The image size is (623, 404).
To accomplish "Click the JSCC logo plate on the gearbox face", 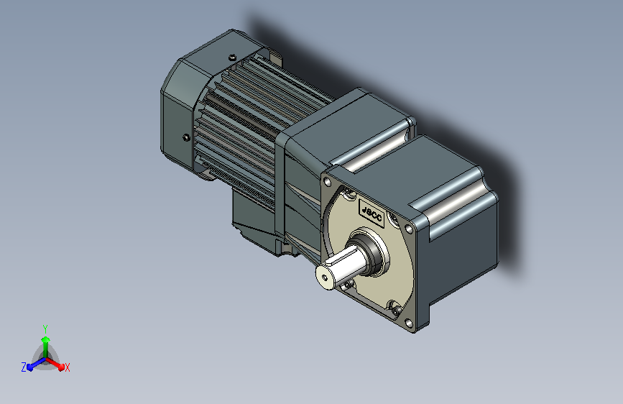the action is click(372, 214).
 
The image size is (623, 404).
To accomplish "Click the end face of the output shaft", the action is click(325, 277).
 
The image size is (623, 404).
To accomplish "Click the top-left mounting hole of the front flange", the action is click(328, 182).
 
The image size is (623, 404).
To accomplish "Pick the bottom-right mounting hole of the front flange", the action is click(408, 323).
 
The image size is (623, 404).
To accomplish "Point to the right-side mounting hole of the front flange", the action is click(408, 229).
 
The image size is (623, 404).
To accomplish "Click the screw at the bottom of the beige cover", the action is click(394, 308).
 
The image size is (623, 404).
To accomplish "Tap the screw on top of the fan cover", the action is click(232, 58).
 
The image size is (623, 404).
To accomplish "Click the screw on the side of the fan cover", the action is click(186, 137).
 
